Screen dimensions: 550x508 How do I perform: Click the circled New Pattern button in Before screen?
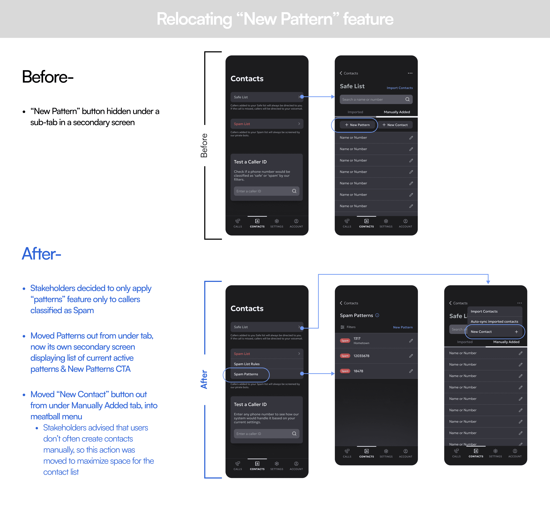357,125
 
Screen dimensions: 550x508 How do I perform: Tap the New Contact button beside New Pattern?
395,125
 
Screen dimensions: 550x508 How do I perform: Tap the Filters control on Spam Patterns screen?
348,327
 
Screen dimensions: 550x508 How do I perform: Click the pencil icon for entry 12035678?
411,356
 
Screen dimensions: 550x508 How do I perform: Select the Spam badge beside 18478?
345,371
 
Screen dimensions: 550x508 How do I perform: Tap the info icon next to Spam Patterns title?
377,315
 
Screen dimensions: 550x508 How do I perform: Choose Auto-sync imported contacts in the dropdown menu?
494,322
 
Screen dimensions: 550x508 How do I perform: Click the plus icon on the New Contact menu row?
516,332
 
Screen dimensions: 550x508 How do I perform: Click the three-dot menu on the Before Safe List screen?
410,73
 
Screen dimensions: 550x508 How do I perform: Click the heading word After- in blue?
41,254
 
